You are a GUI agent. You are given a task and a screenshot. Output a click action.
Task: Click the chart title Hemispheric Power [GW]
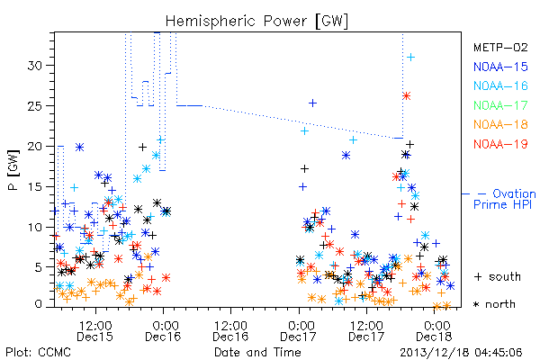[x=256, y=22]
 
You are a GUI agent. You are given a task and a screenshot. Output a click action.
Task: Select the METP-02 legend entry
[x=500, y=47]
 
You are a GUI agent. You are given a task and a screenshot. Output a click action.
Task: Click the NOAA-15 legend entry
[x=500, y=67]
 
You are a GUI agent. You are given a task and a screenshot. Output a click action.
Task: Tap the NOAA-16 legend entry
[x=500, y=85]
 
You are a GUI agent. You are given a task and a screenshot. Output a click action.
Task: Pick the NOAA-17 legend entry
[x=500, y=105]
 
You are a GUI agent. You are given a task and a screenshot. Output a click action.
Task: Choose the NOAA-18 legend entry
[x=500, y=124]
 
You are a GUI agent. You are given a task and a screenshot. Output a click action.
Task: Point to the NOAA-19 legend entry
[x=500, y=144]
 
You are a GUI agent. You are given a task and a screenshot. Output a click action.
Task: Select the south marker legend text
[x=498, y=276]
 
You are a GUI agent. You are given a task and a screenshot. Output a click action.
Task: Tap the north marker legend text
[x=495, y=304]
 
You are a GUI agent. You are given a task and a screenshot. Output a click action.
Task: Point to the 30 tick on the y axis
[x=35, y=66]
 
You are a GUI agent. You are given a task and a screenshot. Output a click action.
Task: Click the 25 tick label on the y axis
[x=35, y=106]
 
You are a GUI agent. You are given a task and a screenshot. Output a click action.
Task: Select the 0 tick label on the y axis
[x=39, y=304]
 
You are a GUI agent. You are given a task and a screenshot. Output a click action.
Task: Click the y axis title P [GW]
[x=13, y=170]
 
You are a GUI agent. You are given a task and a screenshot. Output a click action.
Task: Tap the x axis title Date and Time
[x=257, y=352]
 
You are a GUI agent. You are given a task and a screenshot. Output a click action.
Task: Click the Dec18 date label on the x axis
[x=434, y=337]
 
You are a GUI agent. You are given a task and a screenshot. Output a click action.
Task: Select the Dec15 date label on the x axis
[x=95, y=337]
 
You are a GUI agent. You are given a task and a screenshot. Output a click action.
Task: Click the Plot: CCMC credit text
[x=39, y=352]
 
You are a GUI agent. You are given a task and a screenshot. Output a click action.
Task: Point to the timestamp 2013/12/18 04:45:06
[x=461, y=353]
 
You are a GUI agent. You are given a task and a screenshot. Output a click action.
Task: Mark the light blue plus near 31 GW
[x=410, y=58]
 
